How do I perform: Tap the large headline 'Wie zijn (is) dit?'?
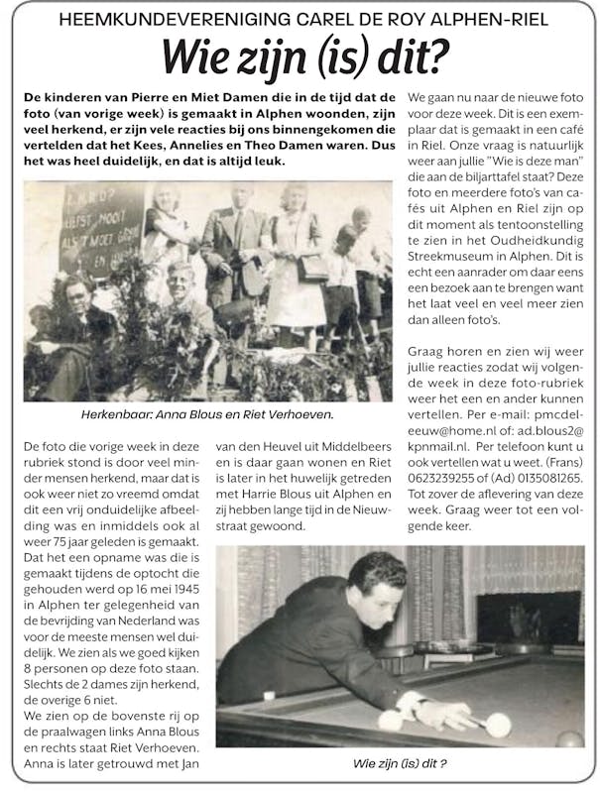pyautogui.click(x=299, y=57)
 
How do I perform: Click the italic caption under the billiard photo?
pyautogui.click(x=401, y=764)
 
